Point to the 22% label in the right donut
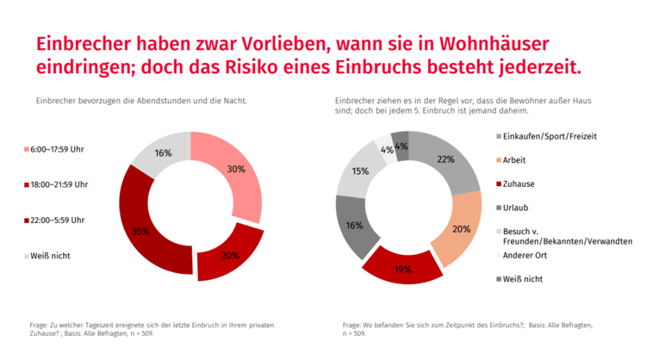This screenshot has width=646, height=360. click(445, 159)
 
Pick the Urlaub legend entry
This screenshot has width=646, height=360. click(517, 208)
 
